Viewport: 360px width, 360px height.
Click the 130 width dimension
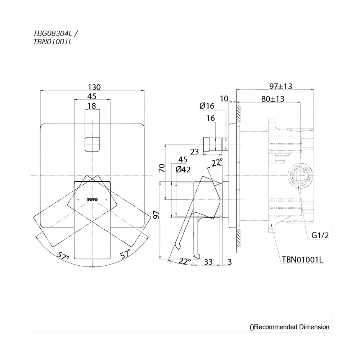(x=94, y=87)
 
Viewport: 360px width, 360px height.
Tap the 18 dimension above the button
(x=92, y=106)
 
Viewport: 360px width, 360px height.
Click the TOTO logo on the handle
(x=92, y=199)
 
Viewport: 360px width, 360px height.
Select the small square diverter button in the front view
(x=92, y=144)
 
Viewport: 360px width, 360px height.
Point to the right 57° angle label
(x=125, y=253)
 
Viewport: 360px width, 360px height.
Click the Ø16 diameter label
(x=207, y=106)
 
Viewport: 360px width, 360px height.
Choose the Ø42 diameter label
(x=183, y=170)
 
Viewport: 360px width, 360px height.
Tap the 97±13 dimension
(x=280, y=86)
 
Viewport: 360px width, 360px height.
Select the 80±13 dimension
(x=273, y=99)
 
